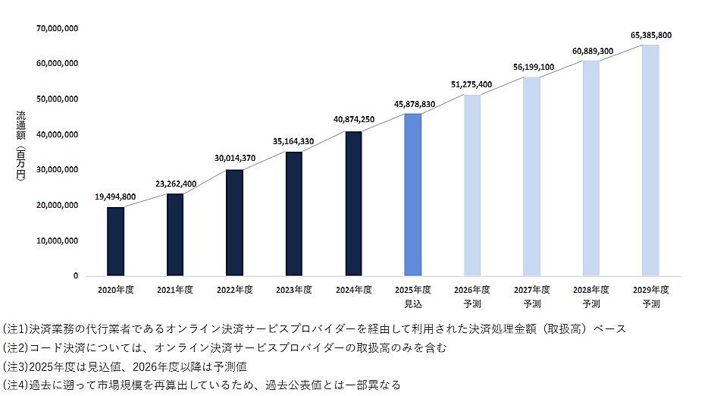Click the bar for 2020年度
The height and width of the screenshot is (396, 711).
click(x=115, y=241)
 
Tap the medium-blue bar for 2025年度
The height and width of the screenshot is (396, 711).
click(x=413, y=194)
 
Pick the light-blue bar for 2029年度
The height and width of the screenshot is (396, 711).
click(x=650, y=160)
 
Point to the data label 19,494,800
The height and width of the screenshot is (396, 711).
click(x=116, y=197)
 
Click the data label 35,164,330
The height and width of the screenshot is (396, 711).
click(x=294, y=141)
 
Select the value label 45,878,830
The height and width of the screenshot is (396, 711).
click(x=413, y=103)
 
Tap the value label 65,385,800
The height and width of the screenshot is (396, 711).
click(x=650, y=35)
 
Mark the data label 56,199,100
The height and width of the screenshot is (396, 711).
click(x=532, y=67)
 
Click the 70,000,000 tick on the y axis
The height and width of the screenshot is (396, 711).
click(x=58, y=29)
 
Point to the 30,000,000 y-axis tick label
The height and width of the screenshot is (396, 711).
click(x=58, y=170)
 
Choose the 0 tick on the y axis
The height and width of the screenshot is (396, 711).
click(x=75, y=276)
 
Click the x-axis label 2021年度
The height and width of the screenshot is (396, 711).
click(x=175, y=290)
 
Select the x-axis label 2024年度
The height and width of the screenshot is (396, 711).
click(x=353, y=290)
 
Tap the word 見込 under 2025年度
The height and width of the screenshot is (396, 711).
click(x=413, y=303)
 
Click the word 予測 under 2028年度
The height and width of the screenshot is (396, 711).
click(x=591, y=303)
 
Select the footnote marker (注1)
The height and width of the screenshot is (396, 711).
click(x=16, y=330)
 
